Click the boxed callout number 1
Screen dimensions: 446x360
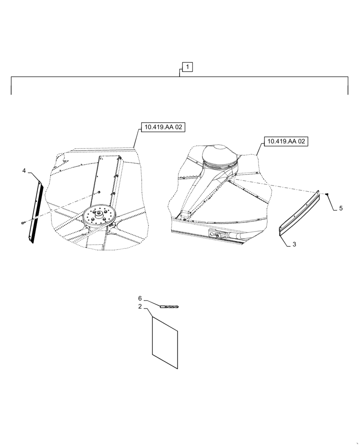(x=188, y=67)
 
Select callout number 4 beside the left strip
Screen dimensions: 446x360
(x=25, y=170)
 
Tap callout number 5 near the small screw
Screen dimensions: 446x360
(x=340, y=208)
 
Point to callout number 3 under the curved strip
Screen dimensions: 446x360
(x=295, y=245)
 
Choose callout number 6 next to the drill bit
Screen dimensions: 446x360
(x=139, y=298)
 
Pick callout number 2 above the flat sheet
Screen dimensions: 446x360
(x=139, y=307)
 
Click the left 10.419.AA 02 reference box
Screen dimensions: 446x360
(x=163, y=128)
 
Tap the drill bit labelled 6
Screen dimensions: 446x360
(x=169, y=307)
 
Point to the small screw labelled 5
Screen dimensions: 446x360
(x=327, y=194)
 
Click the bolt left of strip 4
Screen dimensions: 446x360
(x=23, y=223)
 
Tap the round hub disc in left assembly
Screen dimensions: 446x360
(x=99, y=218)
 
